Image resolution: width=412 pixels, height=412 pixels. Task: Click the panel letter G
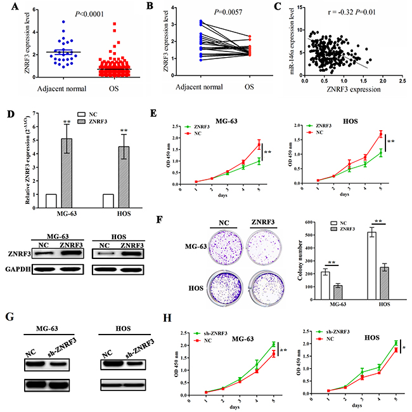8,316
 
